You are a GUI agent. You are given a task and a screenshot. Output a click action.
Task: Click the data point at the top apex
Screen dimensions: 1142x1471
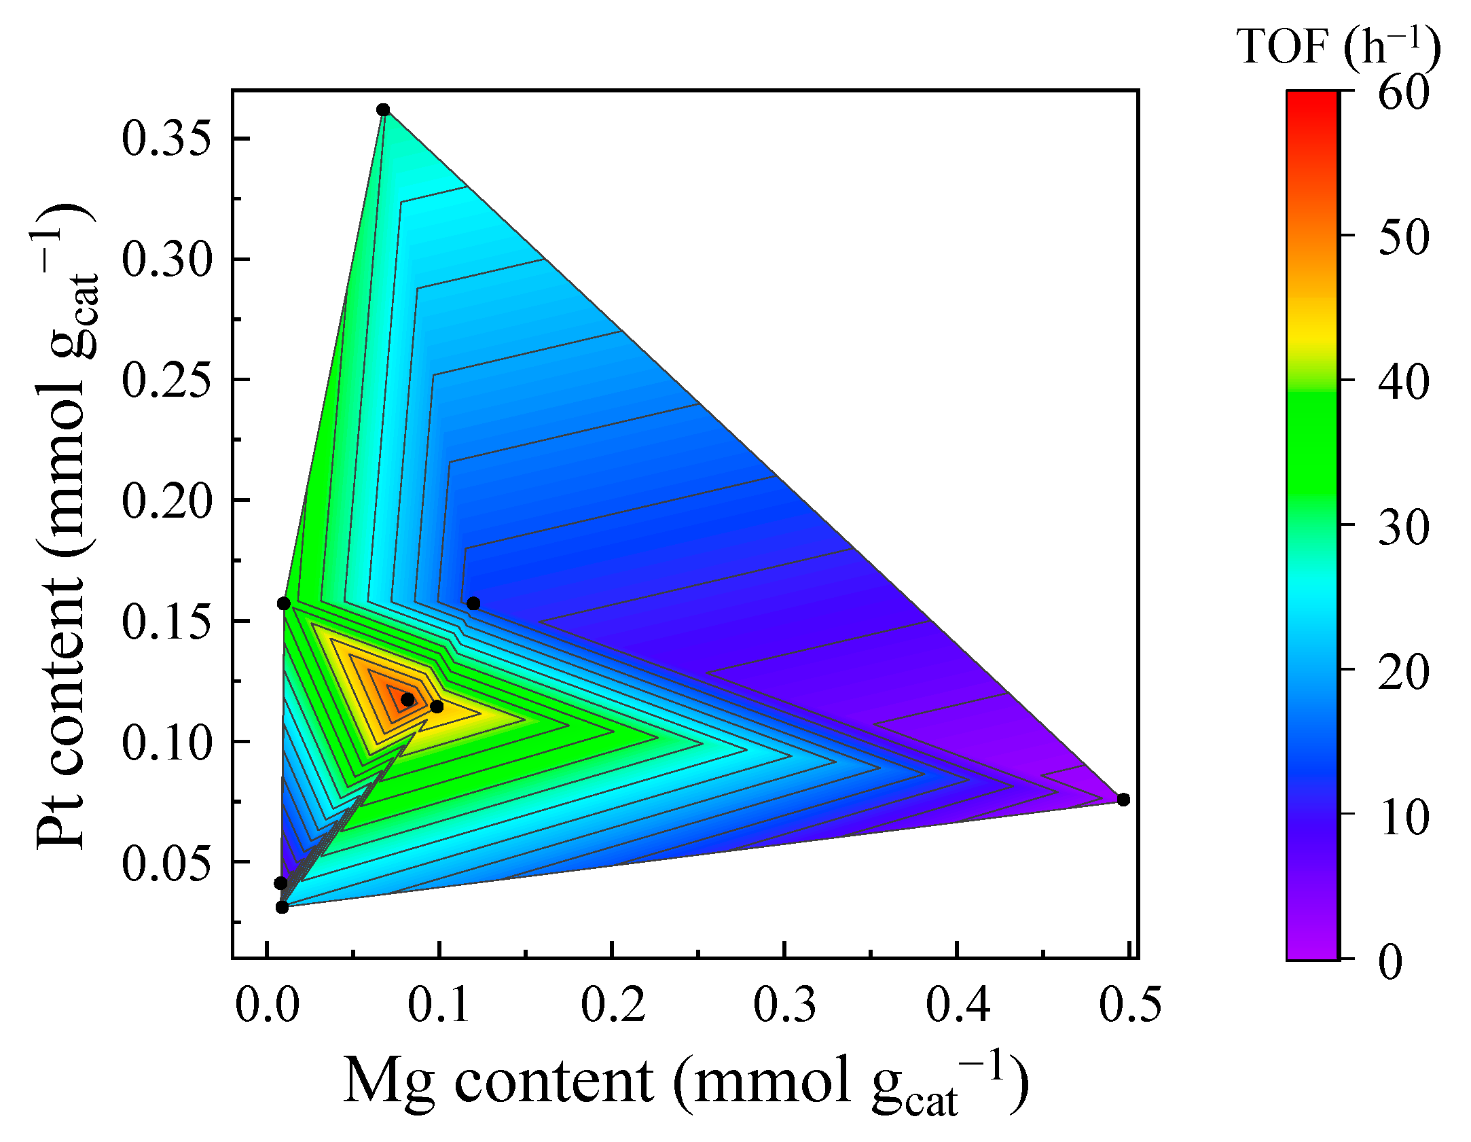click(383, 110)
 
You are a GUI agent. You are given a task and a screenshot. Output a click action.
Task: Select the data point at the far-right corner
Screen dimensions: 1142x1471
click(1123, 800)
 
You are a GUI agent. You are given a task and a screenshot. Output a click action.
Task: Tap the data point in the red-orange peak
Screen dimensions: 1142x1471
click(407, 700)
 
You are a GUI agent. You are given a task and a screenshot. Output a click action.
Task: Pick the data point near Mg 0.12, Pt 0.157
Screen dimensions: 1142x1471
click(473, 603)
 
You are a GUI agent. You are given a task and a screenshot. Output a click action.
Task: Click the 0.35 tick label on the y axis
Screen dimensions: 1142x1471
click(167, 139)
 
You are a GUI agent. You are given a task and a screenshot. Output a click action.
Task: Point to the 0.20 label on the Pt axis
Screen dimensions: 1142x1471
click(167, 501)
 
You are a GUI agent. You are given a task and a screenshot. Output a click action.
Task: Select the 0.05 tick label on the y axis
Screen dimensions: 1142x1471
click(167, 863)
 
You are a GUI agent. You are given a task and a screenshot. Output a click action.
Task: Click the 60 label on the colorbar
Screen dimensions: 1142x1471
click(1403, 92)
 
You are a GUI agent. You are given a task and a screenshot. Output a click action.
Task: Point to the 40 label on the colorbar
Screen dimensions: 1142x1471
click(1403, 381)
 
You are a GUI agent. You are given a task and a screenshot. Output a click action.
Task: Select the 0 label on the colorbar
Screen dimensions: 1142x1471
click(1390, 961)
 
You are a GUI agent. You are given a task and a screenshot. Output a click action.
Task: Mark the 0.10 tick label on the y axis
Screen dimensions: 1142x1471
click(167, 743)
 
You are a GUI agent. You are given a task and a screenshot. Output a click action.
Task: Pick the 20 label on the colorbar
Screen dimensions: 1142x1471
click(1403, 671)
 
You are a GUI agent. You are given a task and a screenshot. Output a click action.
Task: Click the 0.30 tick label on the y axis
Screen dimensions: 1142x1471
click(167, 260)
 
